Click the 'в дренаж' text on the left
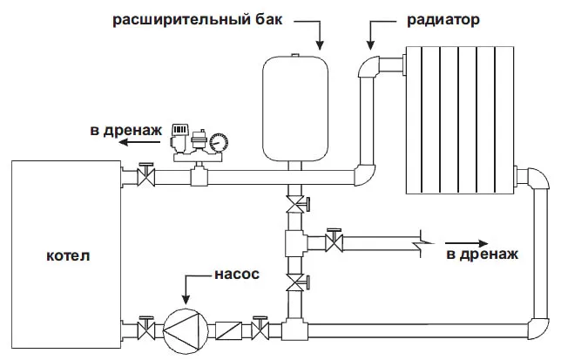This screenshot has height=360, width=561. pyautogui.click(x=125, y=132)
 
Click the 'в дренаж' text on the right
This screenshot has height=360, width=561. pyautogui.click(x=483, y=255)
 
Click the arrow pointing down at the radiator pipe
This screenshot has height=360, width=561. pyautogui.click(x=373, y=35)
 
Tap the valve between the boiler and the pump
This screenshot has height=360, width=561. pyautogui.click(x=148, y=330)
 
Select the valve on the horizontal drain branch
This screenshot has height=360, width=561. pyautogui.click(x=331, y=240)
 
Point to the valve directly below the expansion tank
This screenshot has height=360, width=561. pyautogui.click(x=298, y=206)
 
